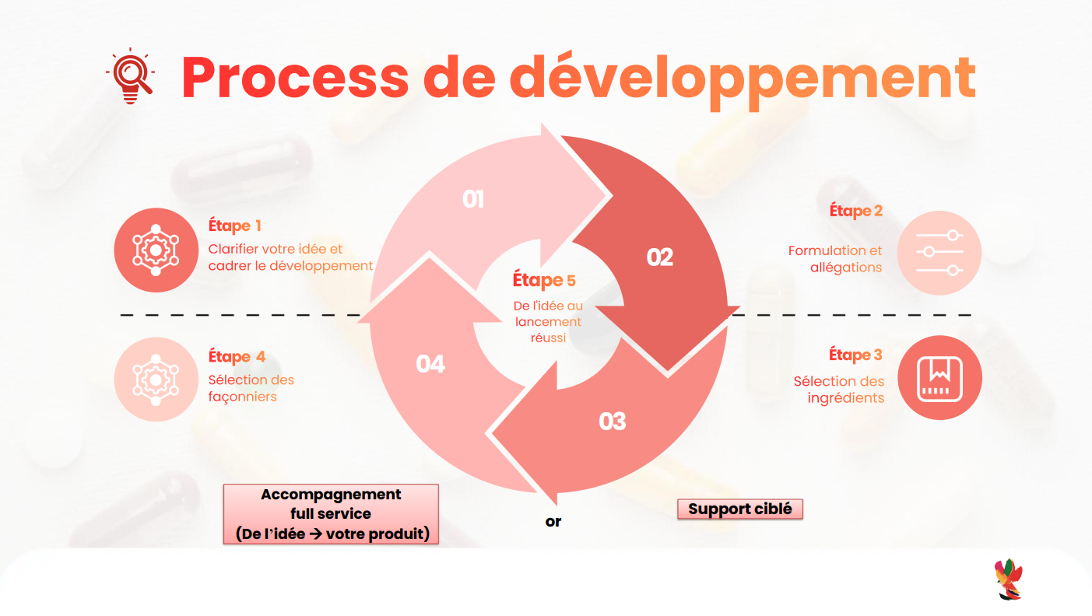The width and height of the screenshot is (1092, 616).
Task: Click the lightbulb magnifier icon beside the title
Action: coord(129,76)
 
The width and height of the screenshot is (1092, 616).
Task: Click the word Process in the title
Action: coord(295,77)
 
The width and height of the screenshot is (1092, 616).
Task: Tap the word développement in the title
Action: coord(743,77)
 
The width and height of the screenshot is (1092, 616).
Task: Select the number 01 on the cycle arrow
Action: coord(473,200)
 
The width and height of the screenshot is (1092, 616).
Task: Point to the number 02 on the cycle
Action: coord(659,257)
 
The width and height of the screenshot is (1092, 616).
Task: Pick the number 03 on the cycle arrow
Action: coord(613,422)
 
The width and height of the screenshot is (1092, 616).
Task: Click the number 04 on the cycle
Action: coord(430,363)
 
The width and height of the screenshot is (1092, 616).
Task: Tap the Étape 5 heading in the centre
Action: coord(544,280)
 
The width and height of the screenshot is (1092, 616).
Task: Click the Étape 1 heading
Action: coord(234,226)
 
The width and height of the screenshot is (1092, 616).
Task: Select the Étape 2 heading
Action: coord(855,211)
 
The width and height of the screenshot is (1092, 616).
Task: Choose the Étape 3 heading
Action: coord(855,355)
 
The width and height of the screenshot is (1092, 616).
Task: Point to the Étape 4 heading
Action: coord(237,357)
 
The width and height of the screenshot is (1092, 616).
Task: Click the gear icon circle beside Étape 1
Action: coord(156,250)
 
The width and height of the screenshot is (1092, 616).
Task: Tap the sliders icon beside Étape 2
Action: coord(939,253)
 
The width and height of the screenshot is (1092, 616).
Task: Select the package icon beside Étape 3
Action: coord(939,378)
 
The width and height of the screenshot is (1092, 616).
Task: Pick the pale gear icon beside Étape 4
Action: coord(156,379)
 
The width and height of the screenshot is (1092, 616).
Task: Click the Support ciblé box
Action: coord(739,509)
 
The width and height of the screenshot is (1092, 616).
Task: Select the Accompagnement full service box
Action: coord(331,514)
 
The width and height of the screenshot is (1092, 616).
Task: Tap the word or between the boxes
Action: coord(553,522)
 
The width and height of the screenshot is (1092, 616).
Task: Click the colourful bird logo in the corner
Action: coord(1008,579)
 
